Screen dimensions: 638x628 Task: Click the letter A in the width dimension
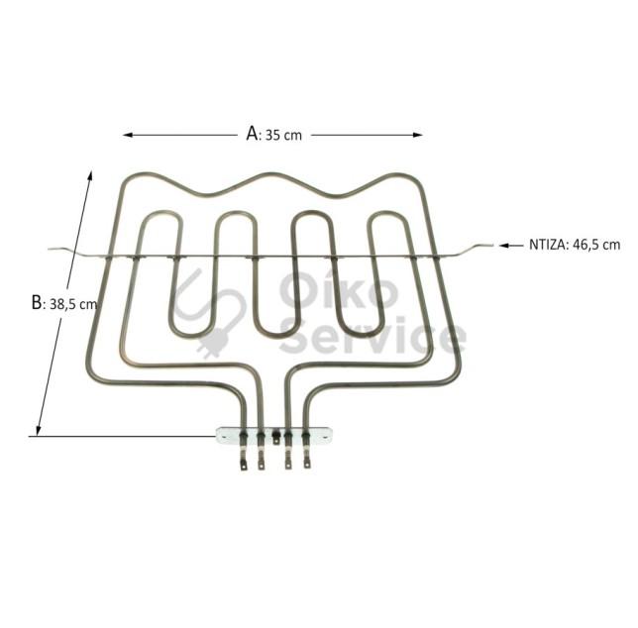click(x=252, y=134)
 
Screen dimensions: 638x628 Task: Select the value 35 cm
click(x=283, y=136)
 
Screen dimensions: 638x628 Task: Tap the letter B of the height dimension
click(x=37, y=303)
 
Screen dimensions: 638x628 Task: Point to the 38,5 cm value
click(x=73, y=304)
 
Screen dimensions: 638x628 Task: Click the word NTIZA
click(x=547, y=245)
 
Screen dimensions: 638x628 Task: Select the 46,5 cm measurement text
click(x=596, y=245)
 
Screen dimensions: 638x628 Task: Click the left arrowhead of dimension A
click(x=128, y=135)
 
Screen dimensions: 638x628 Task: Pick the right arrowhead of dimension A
click(x=418, y=135)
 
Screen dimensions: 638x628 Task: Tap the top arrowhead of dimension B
click(x=90, y=175)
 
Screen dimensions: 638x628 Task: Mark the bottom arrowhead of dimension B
click(x=39, y=431)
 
